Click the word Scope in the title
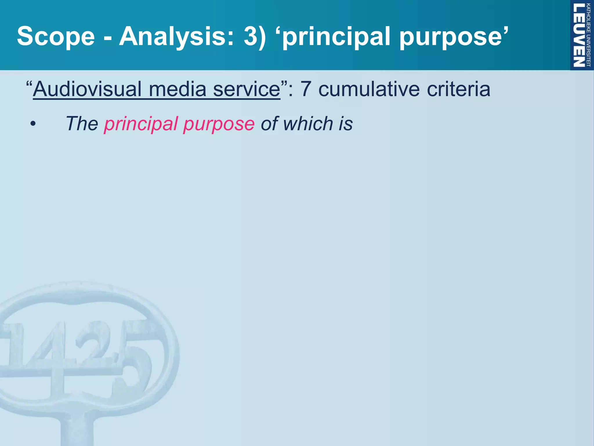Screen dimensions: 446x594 pyautogui.click(x=56, y=36)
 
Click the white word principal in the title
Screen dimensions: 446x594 pyautogui.click(x=336, y=37)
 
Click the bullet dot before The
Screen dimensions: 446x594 pyautogui.click(x=33, y=124)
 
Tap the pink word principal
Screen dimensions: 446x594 pyautogui.click(x=141, y=124)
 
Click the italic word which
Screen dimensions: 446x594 pyautogui.click(x=308, y=124)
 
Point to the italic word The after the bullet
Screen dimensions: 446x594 pyautogui.click(x=82, y=124)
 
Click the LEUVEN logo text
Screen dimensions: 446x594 pyautogui.click(x=579, y=35)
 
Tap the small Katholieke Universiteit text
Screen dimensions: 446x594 pyautogui.click(x=588, y=35)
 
